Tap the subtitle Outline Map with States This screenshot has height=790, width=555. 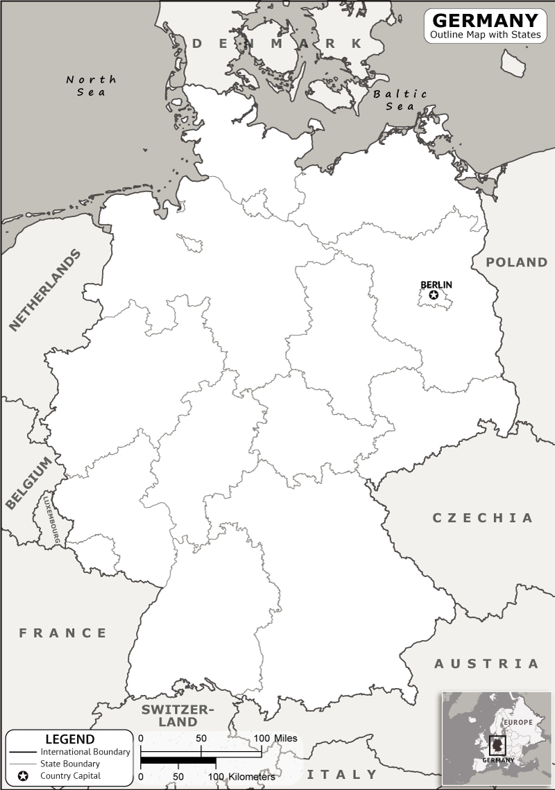485,35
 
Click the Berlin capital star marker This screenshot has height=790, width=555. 434,295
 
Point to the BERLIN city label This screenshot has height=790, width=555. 436,284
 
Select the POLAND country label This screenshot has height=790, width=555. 516,262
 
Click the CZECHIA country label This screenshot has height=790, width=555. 483,517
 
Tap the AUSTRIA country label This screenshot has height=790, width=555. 486,664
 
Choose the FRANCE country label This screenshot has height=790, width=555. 63,633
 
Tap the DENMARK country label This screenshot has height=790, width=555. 277,44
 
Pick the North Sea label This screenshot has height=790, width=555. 91,85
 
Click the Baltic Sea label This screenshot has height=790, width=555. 400,100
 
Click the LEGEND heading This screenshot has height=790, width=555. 69,739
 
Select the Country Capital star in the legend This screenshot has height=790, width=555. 23,775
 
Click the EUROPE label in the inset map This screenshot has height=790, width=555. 518,722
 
